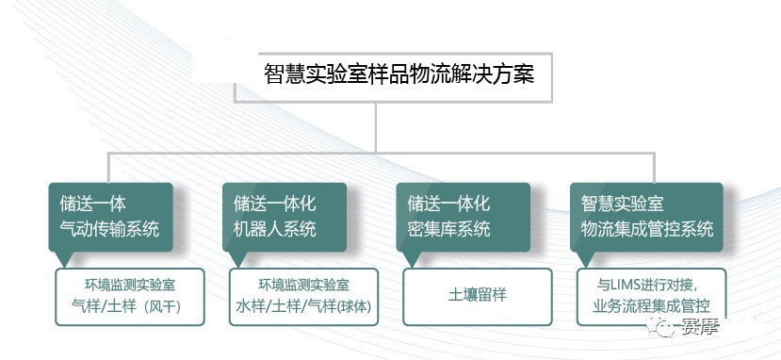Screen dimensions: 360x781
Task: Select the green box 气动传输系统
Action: [110, 216]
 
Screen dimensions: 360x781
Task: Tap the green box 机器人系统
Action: [285, 216]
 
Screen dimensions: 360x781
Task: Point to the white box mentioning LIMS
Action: [647, 295]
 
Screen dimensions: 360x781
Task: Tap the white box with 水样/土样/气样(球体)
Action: [303, 295]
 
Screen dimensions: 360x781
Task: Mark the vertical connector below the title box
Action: [376, 126]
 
